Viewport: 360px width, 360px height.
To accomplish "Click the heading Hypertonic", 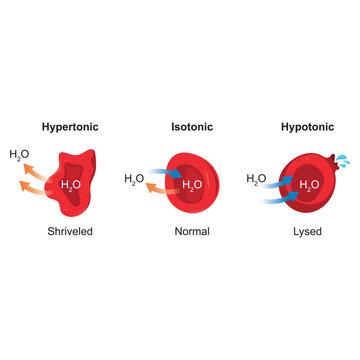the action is pyautogui.click(x=70, y=129).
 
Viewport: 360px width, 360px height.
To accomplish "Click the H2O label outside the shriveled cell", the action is pyautogui.click(x=20, y=155).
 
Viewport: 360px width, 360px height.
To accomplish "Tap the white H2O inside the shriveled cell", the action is pyautogui.click(x=71, y=185).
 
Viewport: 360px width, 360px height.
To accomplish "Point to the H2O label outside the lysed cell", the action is pyautogui.click(x=256, y=180).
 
